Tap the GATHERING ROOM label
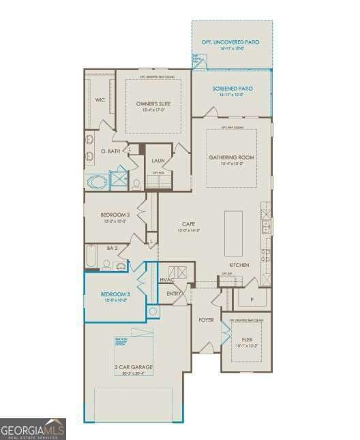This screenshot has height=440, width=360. [x=231, y=157]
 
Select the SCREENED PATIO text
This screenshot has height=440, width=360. [x=232, y=89]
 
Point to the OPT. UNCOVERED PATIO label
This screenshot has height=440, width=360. [x=232, y=42]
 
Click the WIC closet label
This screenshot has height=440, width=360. [x=100, y=99]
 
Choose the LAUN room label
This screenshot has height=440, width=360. [x=158, y=161]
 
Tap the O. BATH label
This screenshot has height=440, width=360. [x=110, y=151]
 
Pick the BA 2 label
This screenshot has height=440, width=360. [x=112, y=248]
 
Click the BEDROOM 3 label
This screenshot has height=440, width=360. [x=115, y=294]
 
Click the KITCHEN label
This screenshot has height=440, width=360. [x=239, y=264]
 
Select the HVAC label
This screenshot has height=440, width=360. [x=167, y=280]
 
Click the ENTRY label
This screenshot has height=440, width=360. [x=174, y=294]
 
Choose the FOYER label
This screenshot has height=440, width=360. [x=206, y=319]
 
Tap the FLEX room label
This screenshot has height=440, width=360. [x=247, y=339]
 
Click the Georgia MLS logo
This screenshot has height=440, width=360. [x=33, y=429]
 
